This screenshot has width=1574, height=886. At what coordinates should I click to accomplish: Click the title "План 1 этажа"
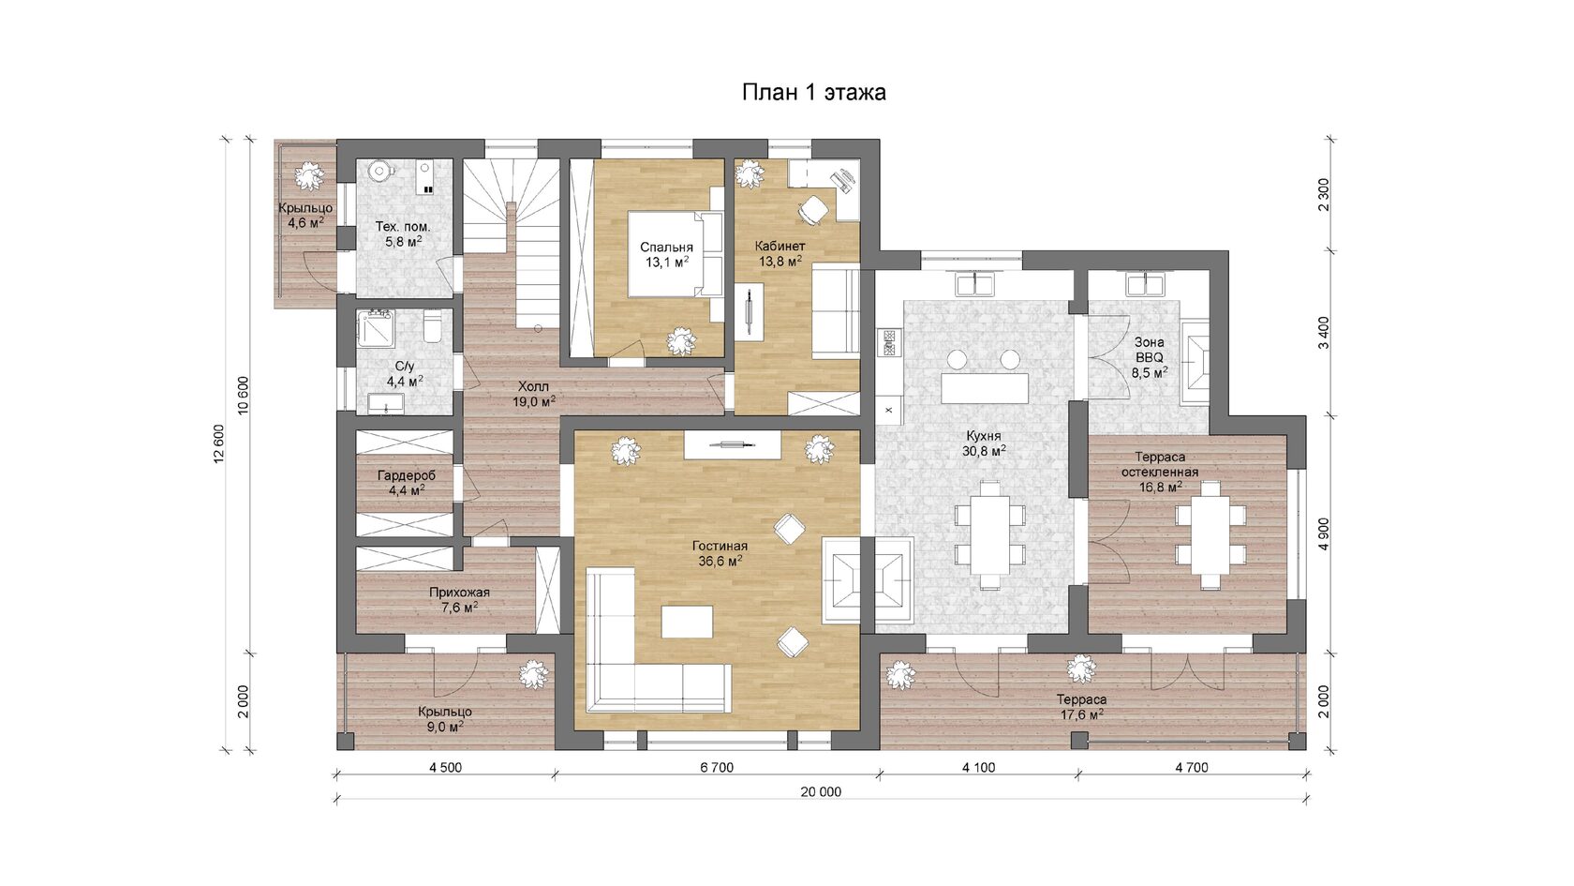pos(813,92)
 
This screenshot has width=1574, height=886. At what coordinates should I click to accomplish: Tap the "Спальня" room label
pos(666,248)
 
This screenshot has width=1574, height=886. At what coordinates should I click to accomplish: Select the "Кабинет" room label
pos(780,246)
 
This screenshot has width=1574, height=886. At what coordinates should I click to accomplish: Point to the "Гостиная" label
pos(720,546)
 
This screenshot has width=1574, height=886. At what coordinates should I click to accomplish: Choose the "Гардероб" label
pos(407,475)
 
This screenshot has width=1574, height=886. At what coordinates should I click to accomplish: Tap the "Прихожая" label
pos(459,593)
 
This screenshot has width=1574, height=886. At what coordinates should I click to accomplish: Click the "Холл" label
pos(533,386)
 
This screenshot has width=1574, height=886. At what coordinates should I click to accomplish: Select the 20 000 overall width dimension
pos(821,791)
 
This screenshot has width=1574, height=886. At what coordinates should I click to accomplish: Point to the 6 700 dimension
pos(717,768)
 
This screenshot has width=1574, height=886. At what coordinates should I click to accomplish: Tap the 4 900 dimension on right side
pos(1324,533)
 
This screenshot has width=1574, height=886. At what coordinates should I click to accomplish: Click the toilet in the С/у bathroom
pos(431,326)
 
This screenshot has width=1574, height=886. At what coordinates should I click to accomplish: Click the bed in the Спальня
pos(676,255)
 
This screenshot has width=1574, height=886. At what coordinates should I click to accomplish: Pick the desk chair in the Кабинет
pos(812,208)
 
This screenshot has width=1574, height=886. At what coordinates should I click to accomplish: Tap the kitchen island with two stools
pos(985,387)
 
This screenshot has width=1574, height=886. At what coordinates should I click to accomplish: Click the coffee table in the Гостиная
pos(688,622)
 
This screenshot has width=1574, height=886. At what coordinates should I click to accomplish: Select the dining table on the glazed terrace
pos(1210,535)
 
